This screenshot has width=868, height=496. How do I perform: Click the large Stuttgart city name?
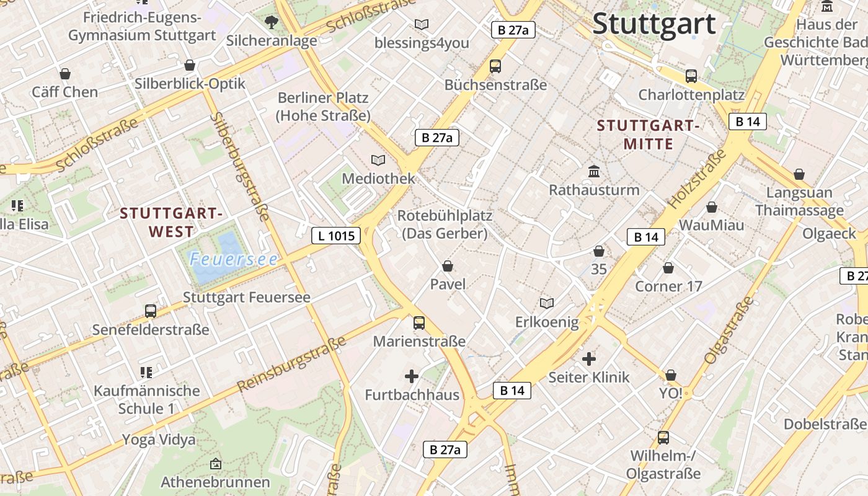click(654, 24)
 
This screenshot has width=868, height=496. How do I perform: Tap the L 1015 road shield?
click(335, 236)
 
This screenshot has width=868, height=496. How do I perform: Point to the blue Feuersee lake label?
click(233, 259)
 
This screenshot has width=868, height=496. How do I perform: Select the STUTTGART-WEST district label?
click(171, 223)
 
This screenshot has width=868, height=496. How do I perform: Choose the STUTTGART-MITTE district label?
click(648, 135)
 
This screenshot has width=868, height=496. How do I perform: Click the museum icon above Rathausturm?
click(594, 171)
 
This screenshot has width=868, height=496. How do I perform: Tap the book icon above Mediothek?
click(378, 160)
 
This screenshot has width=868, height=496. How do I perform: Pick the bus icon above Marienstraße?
click(419, 322)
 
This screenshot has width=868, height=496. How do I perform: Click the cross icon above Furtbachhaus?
click(411, 376)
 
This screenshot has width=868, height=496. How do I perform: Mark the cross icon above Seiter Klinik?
click(589, 358)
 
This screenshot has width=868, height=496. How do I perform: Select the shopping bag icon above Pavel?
click(448, 266)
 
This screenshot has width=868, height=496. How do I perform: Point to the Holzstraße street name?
click(697, 179)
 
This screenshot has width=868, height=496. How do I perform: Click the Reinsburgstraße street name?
click(291, 365)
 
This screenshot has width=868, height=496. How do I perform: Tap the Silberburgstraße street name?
click(239, 166)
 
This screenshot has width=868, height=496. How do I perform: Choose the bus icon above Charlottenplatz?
click(691, 76)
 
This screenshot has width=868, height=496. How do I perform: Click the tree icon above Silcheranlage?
click(271, 22)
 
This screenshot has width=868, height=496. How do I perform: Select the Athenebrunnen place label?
click(215, 482)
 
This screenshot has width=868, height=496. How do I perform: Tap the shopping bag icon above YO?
click(670, 375)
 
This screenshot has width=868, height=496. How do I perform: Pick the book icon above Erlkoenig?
click(546, 303)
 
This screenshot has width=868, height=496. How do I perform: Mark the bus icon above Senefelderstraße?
click(151, 311)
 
